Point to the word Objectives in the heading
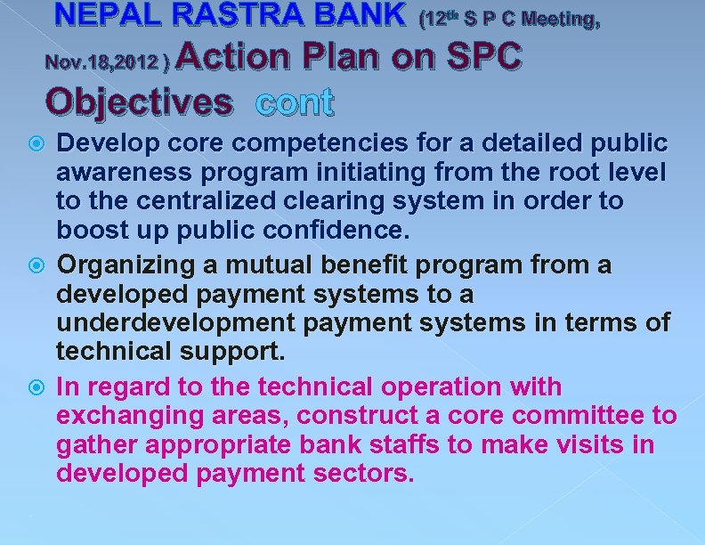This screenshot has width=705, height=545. (137, 102)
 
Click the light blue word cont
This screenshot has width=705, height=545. (294, 102)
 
